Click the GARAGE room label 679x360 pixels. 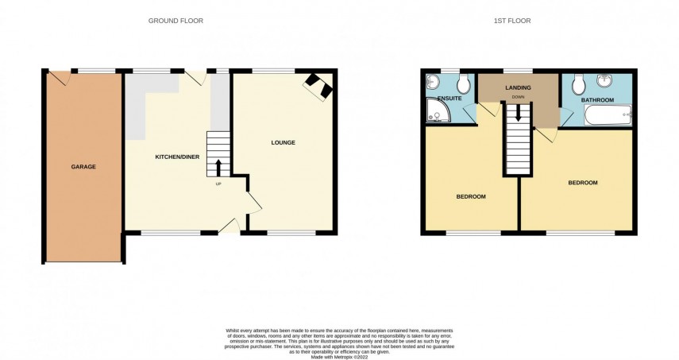(83, 167)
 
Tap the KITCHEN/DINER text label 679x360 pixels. (176, 157)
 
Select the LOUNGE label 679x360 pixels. (283, 143)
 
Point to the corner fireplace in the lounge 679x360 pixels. (319, 86)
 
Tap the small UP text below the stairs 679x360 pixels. (218, 184)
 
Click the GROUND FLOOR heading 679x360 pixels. (176, 21)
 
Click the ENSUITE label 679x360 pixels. (438, 99)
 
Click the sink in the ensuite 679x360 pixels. (434, 83)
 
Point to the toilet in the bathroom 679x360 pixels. (578, 83)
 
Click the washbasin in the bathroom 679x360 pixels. (606, 80)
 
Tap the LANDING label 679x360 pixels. (518, 87)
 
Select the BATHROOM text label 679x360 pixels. (597, 100)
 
